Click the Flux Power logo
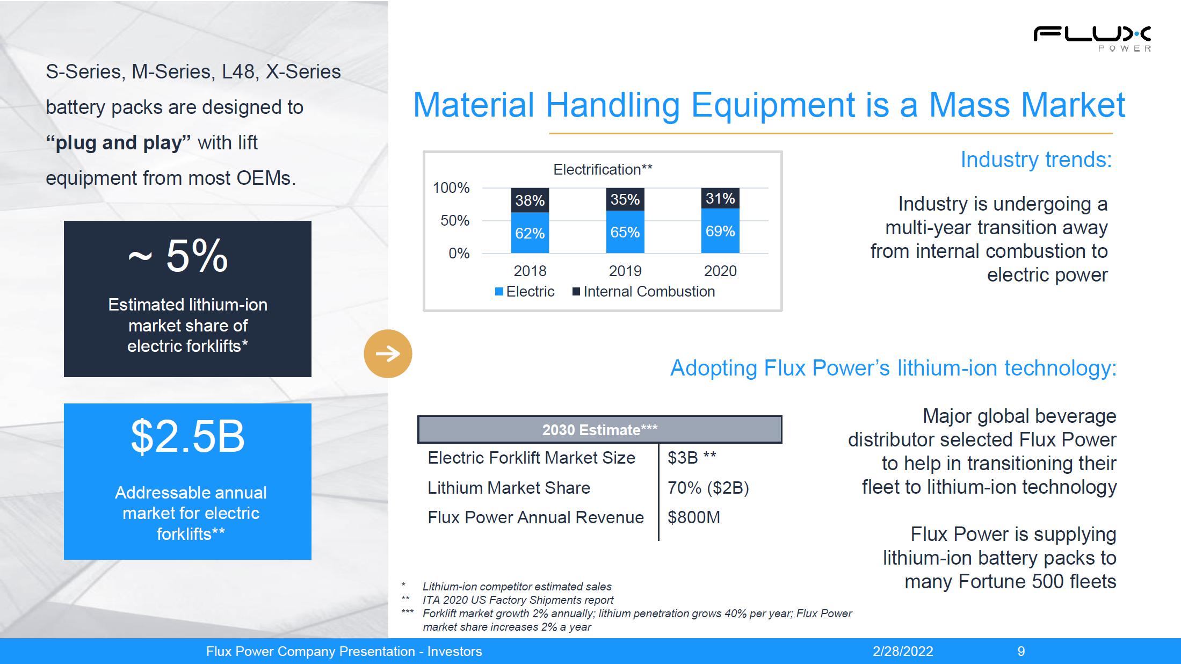[1092, 39]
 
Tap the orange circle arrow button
[388, 353]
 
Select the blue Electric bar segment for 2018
[530, 233]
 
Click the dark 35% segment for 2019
[625, 199]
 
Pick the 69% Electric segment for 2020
[720, 230]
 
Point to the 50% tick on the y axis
[455, 221]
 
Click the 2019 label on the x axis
[625, 271]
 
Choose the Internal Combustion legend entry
[644, 292]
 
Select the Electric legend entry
[525, 292]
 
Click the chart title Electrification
[603, 170]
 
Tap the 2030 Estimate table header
[600, 430]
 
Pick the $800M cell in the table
[694, 517]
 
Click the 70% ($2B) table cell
[708, 488]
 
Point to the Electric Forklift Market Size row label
[531, 458]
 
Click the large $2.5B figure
[188, 436]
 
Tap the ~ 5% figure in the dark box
[178, 256]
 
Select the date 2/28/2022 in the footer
[903, 652]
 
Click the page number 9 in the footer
[1021, 652]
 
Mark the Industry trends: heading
[1036, 160]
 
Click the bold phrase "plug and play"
[118, 143]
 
